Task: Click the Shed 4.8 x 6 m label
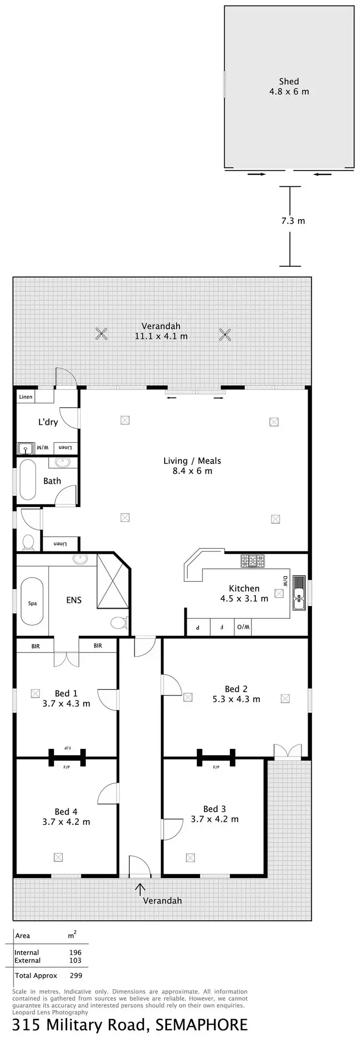point(289,86)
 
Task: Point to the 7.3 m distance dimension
point(293,221)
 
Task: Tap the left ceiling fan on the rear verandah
point(101,334)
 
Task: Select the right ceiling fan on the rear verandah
point(225,334)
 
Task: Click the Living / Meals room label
point(192,466)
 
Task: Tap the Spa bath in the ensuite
point(32,603)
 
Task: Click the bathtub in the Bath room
point(28,480)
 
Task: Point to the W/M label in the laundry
point(43,448)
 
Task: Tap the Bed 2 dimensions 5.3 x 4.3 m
point(236,699)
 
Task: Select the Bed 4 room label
point(66,811)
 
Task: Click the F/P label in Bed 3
point(216,767)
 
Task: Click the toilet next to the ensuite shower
point(118,623)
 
